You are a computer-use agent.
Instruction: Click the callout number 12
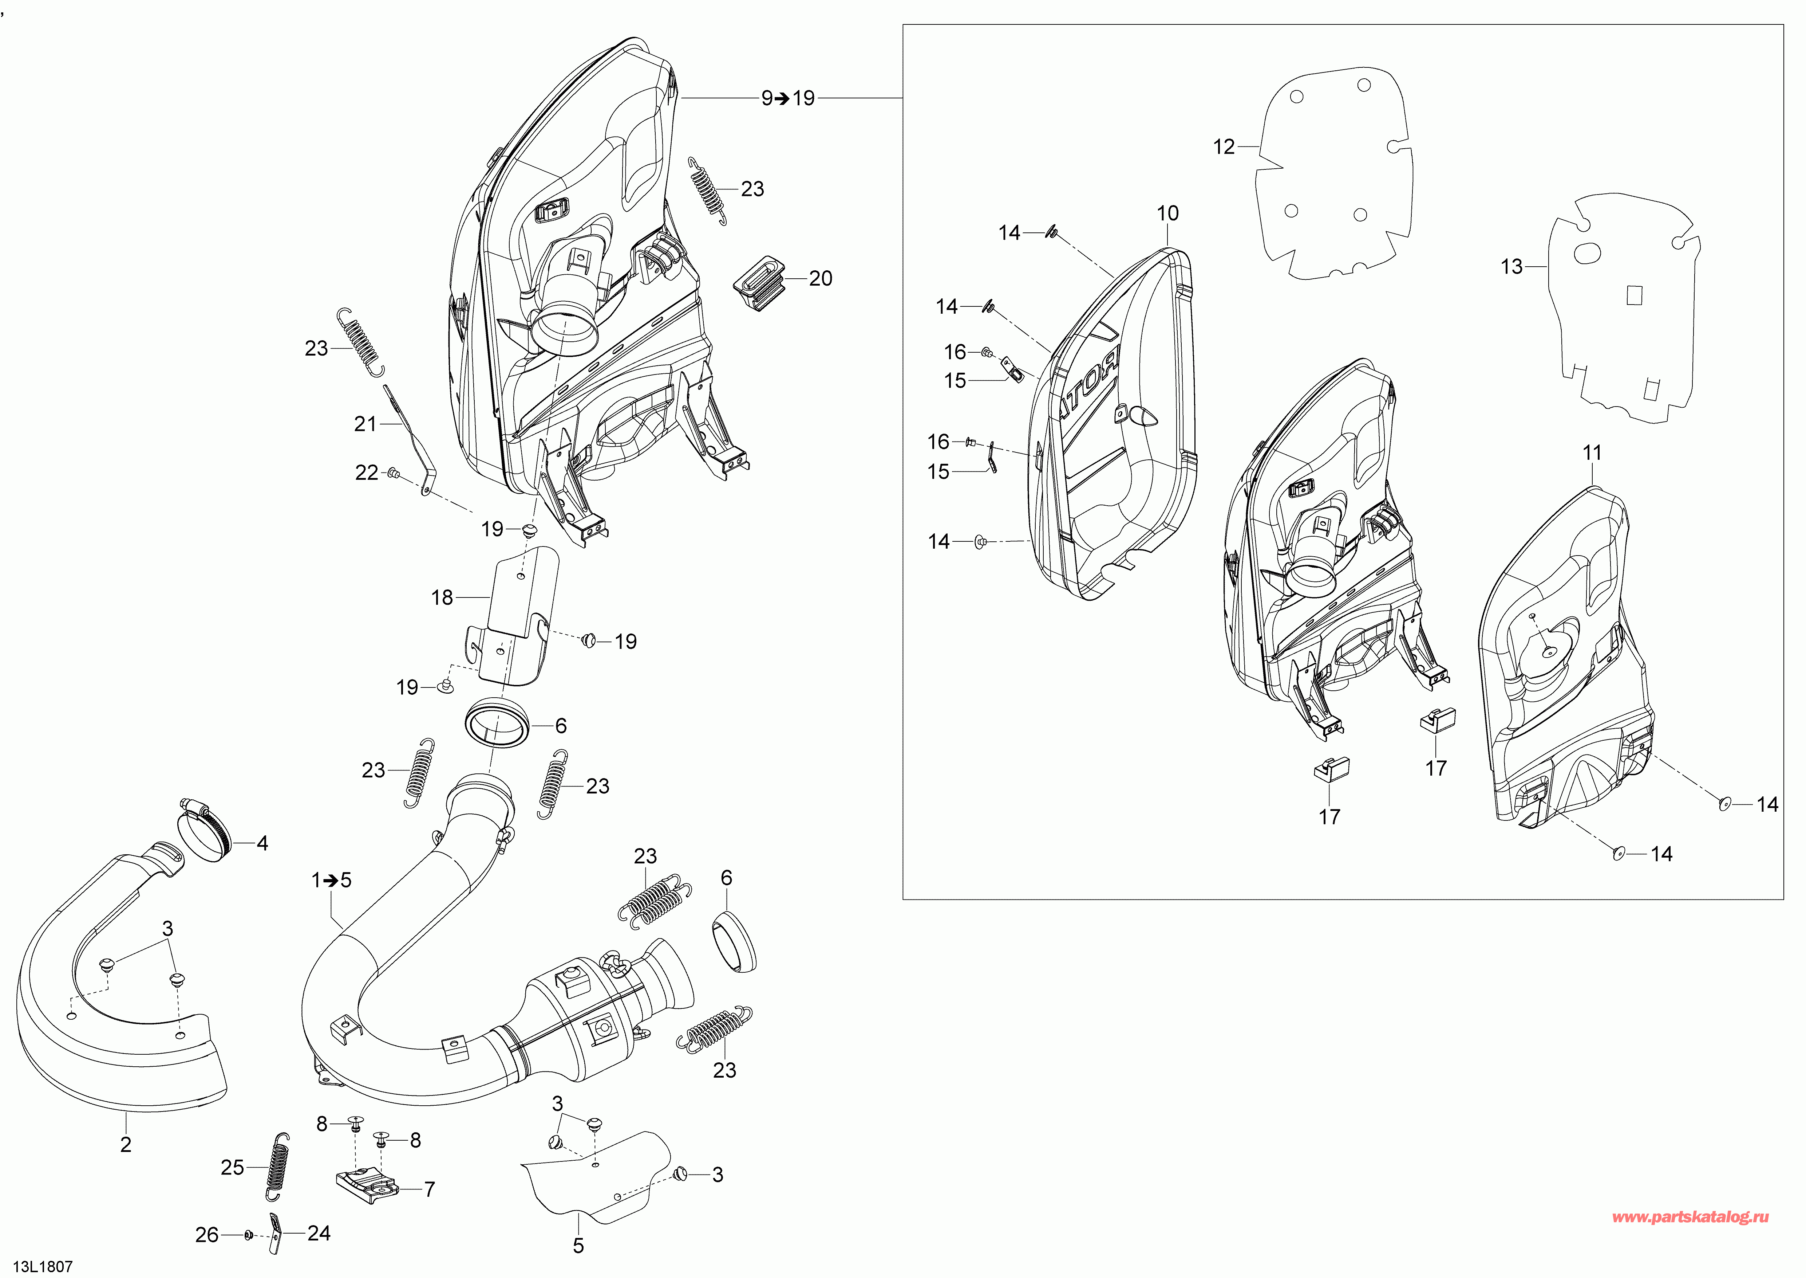tap(1224, 147)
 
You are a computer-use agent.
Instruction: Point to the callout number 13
tap(1511, 267)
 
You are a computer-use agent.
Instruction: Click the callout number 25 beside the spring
tap(232, 1167)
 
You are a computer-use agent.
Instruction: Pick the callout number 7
tap(430, 1189)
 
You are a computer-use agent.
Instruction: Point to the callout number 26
tap(207, 1235)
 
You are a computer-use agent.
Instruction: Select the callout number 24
tap(319, 1233)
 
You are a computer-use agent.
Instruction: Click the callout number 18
tap(442, 598)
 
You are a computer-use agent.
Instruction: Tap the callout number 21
tap(366, 424)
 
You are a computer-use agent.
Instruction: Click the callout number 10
tap(1167, 213)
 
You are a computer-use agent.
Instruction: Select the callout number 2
tap(126, 1144)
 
